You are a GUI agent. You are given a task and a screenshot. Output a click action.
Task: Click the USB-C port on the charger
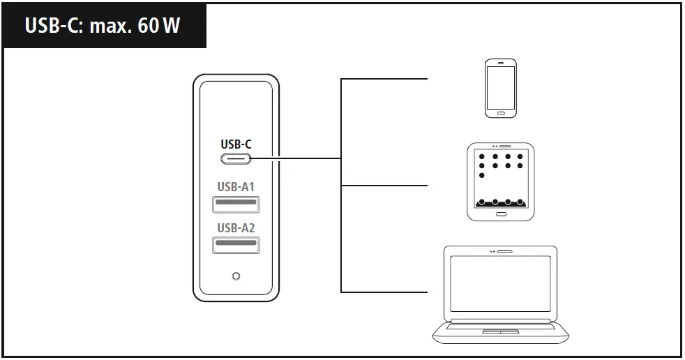236,158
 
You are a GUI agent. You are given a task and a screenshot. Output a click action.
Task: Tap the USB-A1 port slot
236,204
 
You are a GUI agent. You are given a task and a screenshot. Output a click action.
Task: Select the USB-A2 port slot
236,245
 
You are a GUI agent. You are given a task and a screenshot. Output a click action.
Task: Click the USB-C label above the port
236,144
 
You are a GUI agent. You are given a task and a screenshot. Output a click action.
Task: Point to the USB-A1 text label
236,187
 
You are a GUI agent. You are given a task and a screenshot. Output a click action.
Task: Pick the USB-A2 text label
236,227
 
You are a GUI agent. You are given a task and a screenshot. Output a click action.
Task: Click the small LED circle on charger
236,276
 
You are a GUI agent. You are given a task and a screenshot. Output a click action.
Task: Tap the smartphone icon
501,87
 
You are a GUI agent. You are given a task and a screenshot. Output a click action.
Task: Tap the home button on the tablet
500,213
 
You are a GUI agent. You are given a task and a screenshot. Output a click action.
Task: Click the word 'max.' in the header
111,27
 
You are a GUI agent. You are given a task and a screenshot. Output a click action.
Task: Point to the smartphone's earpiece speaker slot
501,64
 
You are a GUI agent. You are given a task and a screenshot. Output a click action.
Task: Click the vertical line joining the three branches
341,185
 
